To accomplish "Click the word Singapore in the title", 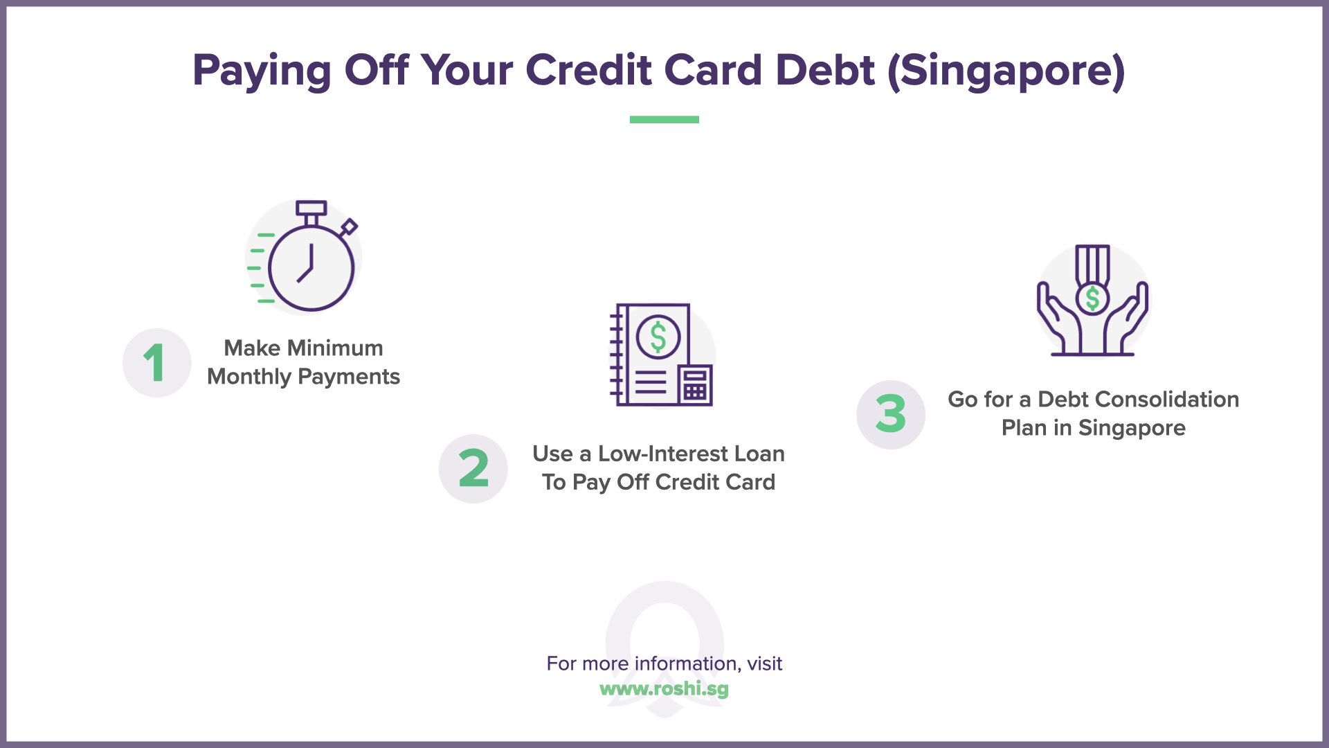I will pyautogui.click(x=1006, y=71).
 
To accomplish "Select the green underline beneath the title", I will pyautogui.click(x=664, y=120).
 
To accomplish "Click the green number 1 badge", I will pyautogui.click(x=156, y=363).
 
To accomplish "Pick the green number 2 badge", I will pyautogui.click(x=473, y=469).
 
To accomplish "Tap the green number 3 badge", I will pyautogui.click(x=891, y=415).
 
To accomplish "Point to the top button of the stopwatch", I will pyautogui.click(x=311, y=208).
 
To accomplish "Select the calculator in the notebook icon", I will pyautogui.click(x=695, y=385).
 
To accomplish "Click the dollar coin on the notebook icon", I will pyautogui.click(x=658, y=337).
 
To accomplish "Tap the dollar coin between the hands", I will pyautogui.click(x=1092, y=299).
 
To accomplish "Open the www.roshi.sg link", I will pyautogui.click(x=664, y=689).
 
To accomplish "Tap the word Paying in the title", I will pyautogui.click(x=262, y=71).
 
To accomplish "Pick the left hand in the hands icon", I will pyautogui.click(x=1058, y=319).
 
